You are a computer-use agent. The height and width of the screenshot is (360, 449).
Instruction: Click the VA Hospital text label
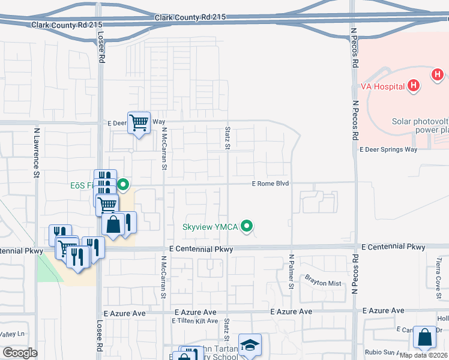click(382, 86)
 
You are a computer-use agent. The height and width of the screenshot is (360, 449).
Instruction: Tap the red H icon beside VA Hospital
click(412, 86)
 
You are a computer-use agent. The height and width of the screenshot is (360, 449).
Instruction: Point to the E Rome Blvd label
click(270, 184)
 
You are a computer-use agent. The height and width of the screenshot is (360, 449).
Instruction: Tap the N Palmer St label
click(291, 271)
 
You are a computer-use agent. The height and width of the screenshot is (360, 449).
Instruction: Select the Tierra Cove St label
click(439, 274)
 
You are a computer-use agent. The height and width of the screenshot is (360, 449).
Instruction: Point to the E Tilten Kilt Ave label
click(195, 321)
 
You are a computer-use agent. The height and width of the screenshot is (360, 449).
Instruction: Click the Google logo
click(20, 353)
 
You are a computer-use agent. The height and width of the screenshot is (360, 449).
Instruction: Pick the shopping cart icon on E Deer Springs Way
click(139, 122)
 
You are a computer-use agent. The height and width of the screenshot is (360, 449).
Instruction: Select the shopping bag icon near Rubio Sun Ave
click(425, 338)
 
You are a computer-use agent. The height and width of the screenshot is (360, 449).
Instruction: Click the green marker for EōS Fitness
click(124, 184)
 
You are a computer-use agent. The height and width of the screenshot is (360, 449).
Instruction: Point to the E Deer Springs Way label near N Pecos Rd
click(388, 149)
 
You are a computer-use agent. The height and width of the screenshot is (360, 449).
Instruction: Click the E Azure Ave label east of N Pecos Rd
click(384, 310)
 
